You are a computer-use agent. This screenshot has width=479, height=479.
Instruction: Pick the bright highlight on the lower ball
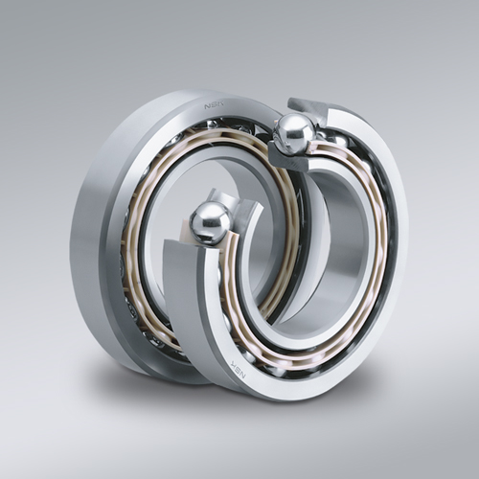(x=202, y=216)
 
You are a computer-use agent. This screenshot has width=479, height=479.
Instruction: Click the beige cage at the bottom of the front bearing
(x=287, y=364)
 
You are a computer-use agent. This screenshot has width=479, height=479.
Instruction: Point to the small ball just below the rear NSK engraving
(x=213, y=125)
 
